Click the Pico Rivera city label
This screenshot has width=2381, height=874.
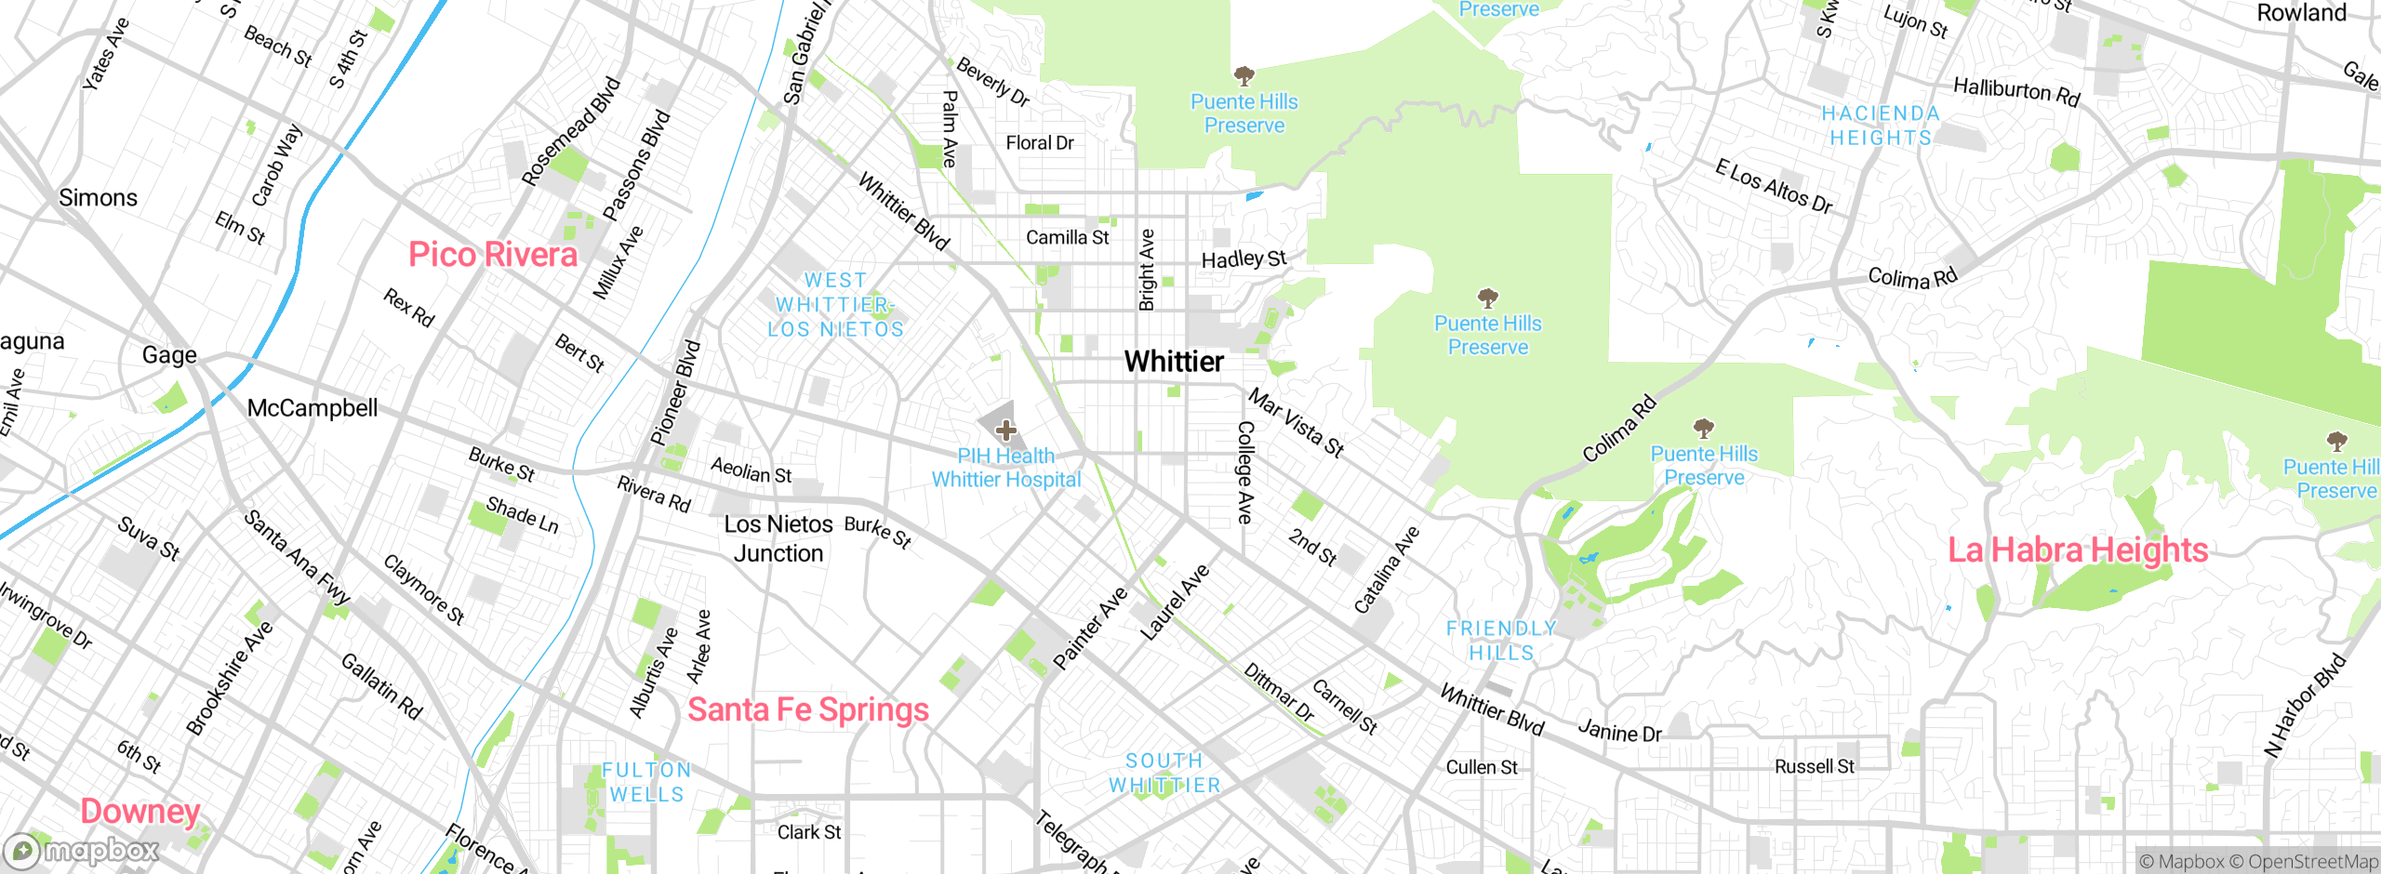pos(493,255)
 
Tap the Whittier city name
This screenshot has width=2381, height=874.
pos(1174,362)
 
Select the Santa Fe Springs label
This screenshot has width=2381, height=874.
pos(807,710)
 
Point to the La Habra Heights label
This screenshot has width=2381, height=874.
pos(2078,550)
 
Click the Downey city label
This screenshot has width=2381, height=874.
pos(140,812)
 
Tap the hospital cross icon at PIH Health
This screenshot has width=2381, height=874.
pos(1005,430)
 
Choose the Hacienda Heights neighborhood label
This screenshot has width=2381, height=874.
pos(1881,126)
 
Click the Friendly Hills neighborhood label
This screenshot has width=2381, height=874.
pos(1501,641)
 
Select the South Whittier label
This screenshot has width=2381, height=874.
pos(1164,773)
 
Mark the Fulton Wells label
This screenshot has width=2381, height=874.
pos(647,782)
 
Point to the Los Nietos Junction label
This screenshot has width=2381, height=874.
pos(778,538)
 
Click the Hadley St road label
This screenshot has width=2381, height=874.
pos(1244,258)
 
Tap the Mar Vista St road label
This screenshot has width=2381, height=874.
pos(1296,424)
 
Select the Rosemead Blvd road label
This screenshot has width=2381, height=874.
pos(570,131)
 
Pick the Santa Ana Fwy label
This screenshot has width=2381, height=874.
pos(297,557)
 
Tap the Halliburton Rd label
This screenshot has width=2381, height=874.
pos(2015,91)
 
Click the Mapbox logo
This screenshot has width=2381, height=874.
pos(82,851)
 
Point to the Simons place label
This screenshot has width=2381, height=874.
pos(98,198)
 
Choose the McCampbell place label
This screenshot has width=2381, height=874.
pos(313,408)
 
